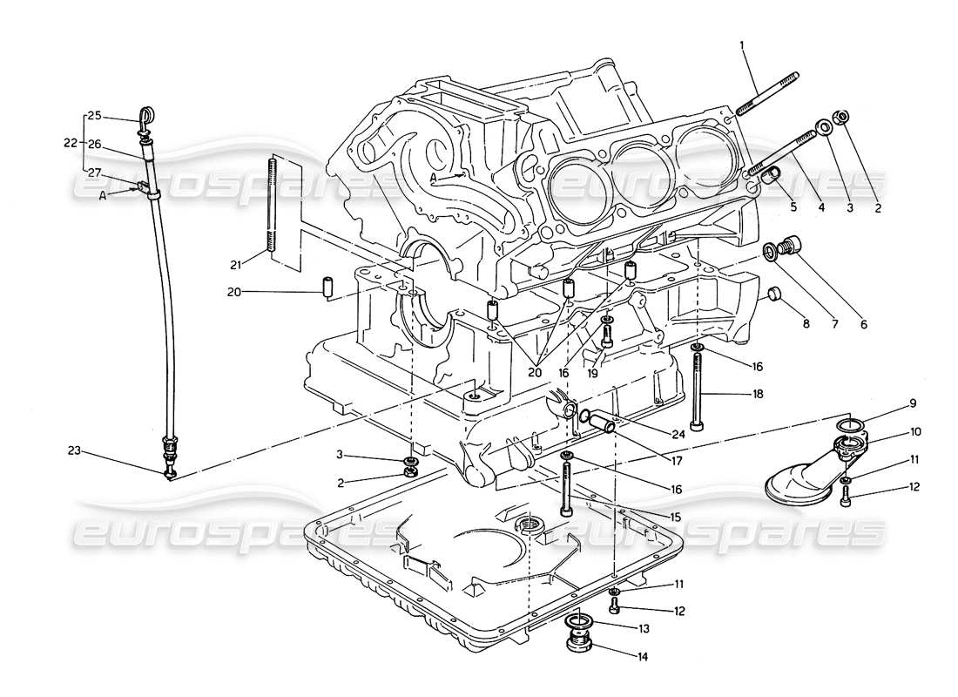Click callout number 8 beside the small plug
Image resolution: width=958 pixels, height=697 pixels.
coord(806,323)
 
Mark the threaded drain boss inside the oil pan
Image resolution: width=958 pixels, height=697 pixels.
coord(530,524)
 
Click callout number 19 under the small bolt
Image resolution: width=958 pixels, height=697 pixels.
coord(617,373)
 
